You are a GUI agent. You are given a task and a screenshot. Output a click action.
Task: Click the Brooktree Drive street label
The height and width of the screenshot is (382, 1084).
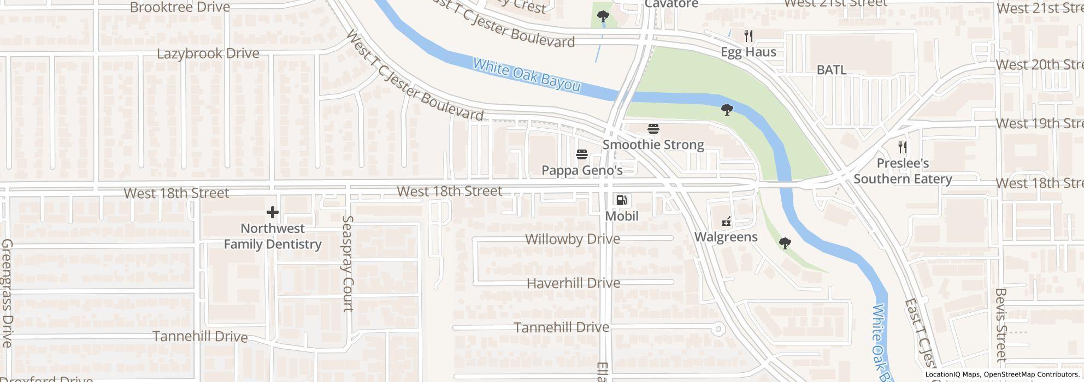pos(180,8)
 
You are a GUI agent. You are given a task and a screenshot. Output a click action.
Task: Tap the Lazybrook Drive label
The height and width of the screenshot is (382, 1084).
pos(208,53)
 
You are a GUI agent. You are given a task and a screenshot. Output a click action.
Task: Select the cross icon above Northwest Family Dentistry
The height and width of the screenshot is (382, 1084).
pos(272,212)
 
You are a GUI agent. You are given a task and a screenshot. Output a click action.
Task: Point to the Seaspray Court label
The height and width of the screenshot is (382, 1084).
pos(347,263)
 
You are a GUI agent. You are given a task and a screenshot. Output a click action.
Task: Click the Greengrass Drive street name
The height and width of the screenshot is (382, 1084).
pos(7,293)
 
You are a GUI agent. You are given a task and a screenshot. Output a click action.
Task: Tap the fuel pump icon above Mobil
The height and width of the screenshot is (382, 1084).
pos(621,200)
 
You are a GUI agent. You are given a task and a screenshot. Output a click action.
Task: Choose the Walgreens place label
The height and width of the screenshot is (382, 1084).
pos(726,237)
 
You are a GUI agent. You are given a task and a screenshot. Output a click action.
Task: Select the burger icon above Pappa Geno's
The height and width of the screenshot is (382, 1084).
pos(582,154)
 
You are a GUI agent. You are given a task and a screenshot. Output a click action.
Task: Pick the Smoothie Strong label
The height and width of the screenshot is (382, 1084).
pos(653,145)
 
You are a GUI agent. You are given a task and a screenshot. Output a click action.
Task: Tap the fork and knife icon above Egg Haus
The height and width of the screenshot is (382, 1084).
pos(749,37)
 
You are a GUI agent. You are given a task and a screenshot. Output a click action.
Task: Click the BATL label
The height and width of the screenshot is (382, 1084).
pos(831,70)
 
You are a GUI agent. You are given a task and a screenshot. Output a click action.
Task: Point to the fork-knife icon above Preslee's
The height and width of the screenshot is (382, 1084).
pos(903,147)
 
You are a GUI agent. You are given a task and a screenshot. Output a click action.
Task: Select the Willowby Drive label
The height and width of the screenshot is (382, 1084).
pos(572,239)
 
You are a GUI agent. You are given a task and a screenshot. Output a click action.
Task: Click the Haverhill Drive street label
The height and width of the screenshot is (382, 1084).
pos(573,283)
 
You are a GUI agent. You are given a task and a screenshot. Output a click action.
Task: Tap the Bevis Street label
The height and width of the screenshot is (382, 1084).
pos(1001,325)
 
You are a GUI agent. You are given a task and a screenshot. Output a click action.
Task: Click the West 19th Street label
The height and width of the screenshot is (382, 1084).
pos(1039,123)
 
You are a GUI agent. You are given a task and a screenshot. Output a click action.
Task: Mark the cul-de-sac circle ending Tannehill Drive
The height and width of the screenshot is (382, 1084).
pos(718,329)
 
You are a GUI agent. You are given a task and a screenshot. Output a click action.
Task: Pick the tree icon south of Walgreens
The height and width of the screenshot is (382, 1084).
pos(785,243)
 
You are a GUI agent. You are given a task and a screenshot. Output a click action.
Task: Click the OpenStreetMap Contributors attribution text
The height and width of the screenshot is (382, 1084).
pos(1030,374)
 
